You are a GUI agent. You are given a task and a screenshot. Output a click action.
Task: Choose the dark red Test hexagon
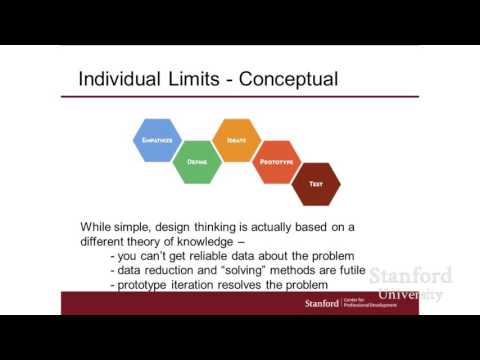point(315,183)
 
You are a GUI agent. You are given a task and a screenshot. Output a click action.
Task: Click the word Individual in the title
point(121,78)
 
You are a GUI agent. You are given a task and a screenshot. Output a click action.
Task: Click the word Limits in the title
point(195,78)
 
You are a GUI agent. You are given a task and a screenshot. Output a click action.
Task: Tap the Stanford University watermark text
point(411,284)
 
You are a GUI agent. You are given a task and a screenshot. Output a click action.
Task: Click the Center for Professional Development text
point(366,302)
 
